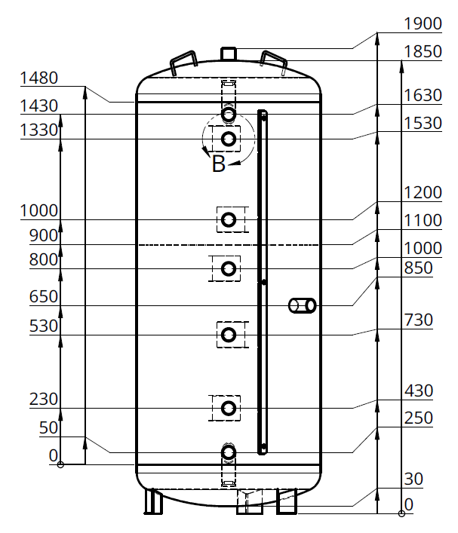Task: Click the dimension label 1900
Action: (x=423, y=24)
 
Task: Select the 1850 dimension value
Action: (x=423, y=52)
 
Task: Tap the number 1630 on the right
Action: (x=423, y=96)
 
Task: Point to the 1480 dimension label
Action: (x=39, y=78)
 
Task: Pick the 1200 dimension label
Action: (x=423, y=193)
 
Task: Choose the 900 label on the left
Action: (x=44, y=235)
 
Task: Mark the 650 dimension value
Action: (x=44, y=296)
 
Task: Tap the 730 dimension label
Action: (x=418, y=320)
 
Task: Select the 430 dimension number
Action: (x=418, y=391)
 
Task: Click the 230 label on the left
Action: (x=44, y=399)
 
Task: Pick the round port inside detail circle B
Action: (x=229, y=139)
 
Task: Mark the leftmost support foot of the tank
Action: (x=153, y=501)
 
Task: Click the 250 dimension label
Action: (x=418, y=418)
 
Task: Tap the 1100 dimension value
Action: (x=423, y=221)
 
